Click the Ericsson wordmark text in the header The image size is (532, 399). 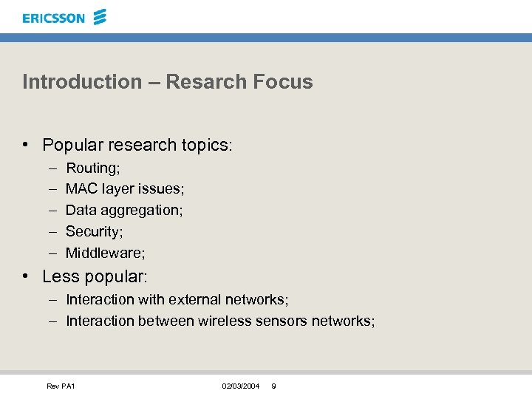53,18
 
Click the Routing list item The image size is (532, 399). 93,168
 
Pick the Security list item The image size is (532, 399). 94,231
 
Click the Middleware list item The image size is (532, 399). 106,253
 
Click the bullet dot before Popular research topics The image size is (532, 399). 26,145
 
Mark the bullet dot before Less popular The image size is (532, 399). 26,276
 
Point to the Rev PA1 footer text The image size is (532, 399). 61,386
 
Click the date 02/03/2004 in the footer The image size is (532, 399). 240,386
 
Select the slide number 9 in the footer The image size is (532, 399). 274,386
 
